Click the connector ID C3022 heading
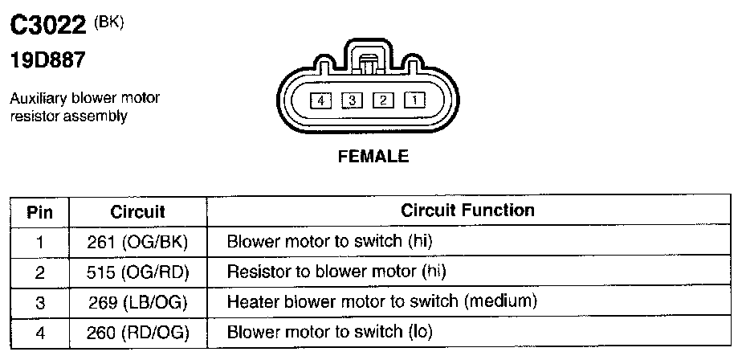click(x=47, y=27)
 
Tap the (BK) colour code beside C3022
click(x=109, y=21)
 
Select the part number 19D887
click(x=48, y=59)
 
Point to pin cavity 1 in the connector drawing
click(x=414, y=101)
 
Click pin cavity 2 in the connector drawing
click(x=384, y=101)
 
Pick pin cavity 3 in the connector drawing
click(x=353, y=101)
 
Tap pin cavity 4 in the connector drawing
click(x=321, y=101)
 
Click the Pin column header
click(x=40, y=212)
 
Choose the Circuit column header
click(x=137, y=212)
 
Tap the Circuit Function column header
click(x=467, y=211)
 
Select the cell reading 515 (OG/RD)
click(x=137, y=272)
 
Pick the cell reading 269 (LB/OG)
click(x=137, y=301)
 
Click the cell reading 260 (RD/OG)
click(x=137, y=331)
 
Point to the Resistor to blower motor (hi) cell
click(x=336, y=272)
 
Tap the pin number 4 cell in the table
click(x=40, y=331)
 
